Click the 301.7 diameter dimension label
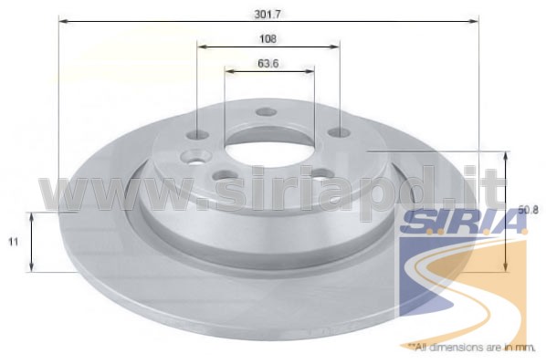point(268,15)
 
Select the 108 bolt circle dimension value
point(268,38)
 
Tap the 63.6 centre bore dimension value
point(268,64)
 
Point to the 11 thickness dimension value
point(13,242)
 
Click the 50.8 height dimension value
point(529,210)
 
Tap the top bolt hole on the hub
point(266,112)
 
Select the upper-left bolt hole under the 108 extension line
point(197,135)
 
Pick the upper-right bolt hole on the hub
point(340,132)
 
